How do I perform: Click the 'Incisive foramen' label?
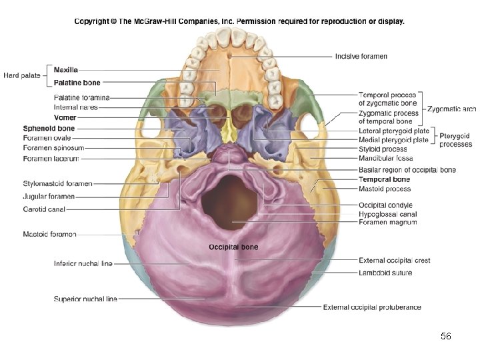pos(361,57)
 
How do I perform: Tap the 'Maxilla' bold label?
pos(66,70)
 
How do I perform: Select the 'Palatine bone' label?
pos(77,83)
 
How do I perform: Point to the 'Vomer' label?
pos(65,117)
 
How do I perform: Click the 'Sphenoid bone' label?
pos(49,128)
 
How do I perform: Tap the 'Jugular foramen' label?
pos(49,197)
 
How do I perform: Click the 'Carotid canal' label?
pos(43,209)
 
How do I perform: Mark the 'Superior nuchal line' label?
pos(85,299)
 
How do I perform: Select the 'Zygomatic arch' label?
pos(451,109)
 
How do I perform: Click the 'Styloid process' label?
pos(382,149)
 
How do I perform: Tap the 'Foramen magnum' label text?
pos(387,222)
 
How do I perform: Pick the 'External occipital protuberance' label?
pos(372,307)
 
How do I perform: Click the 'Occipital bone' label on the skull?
pos(233,247)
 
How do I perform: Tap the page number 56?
pos(446,337)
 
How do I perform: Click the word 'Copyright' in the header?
pos(93,21)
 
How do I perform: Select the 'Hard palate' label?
pos(21,76)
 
